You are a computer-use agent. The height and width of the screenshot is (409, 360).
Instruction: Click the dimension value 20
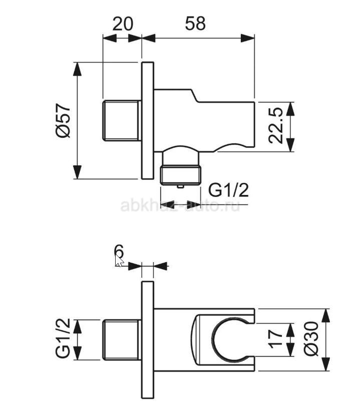(x=123, y=24)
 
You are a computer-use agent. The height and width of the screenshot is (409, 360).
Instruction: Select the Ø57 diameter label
(x=63, y=120)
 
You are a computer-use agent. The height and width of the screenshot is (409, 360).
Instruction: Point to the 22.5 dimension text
(x=275, y=125)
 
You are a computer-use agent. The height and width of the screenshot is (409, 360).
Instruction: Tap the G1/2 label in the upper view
(x=228, y=190)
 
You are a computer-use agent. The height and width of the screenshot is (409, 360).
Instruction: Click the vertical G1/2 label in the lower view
(x=63, y=338)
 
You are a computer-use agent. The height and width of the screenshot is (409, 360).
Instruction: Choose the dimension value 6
(x=119, y=252)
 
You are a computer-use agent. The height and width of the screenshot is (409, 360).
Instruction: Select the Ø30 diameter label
(x=311, y=338)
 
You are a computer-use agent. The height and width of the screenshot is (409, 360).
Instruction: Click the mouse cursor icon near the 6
(x=119, y=261)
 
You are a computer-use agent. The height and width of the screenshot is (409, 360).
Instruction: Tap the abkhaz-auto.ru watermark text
(x=180, y=206)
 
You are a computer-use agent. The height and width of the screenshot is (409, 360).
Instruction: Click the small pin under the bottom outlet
(x=180, y=186)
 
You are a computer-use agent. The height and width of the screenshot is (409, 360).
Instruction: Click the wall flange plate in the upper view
(x=148, y=120)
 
